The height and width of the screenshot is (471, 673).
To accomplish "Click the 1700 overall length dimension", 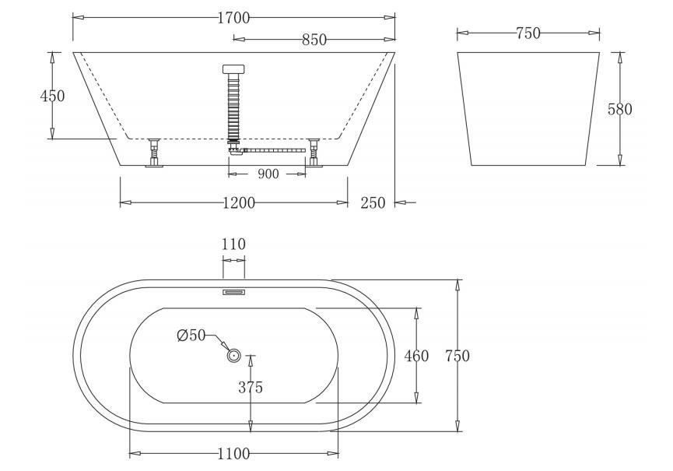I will click(x=233, y=18).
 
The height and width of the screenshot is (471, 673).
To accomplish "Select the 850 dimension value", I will click(x=314, y=40).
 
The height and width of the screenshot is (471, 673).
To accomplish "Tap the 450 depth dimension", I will click(x=52, y=96).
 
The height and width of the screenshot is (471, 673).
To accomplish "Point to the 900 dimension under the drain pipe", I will click(x=268, y=174).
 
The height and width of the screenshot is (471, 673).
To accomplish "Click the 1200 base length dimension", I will click(x=238, y=202).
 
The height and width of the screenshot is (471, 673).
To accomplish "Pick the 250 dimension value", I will click(x=373, y=202).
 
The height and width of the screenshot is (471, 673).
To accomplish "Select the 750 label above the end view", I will click(x=528, y=33).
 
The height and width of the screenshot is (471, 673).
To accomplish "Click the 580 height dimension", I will click(x=619, y=109).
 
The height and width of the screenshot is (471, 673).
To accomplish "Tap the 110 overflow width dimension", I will click(x=233, y=244).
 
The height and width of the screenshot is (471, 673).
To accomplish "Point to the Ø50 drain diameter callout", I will click(x=191, y=336).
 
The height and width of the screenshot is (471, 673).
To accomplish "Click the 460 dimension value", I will click(x=416, y=356).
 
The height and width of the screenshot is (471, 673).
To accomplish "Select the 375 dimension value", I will click(x=250, y=388).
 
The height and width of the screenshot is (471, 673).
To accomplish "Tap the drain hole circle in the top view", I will click(x=233, y=356).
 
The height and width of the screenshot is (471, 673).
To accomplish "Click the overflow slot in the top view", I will click(x=234, y=292).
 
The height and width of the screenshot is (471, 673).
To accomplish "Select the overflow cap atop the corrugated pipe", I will click(x=233, y=69).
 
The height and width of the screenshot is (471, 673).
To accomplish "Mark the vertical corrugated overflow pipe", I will click(x=233, y=105).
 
